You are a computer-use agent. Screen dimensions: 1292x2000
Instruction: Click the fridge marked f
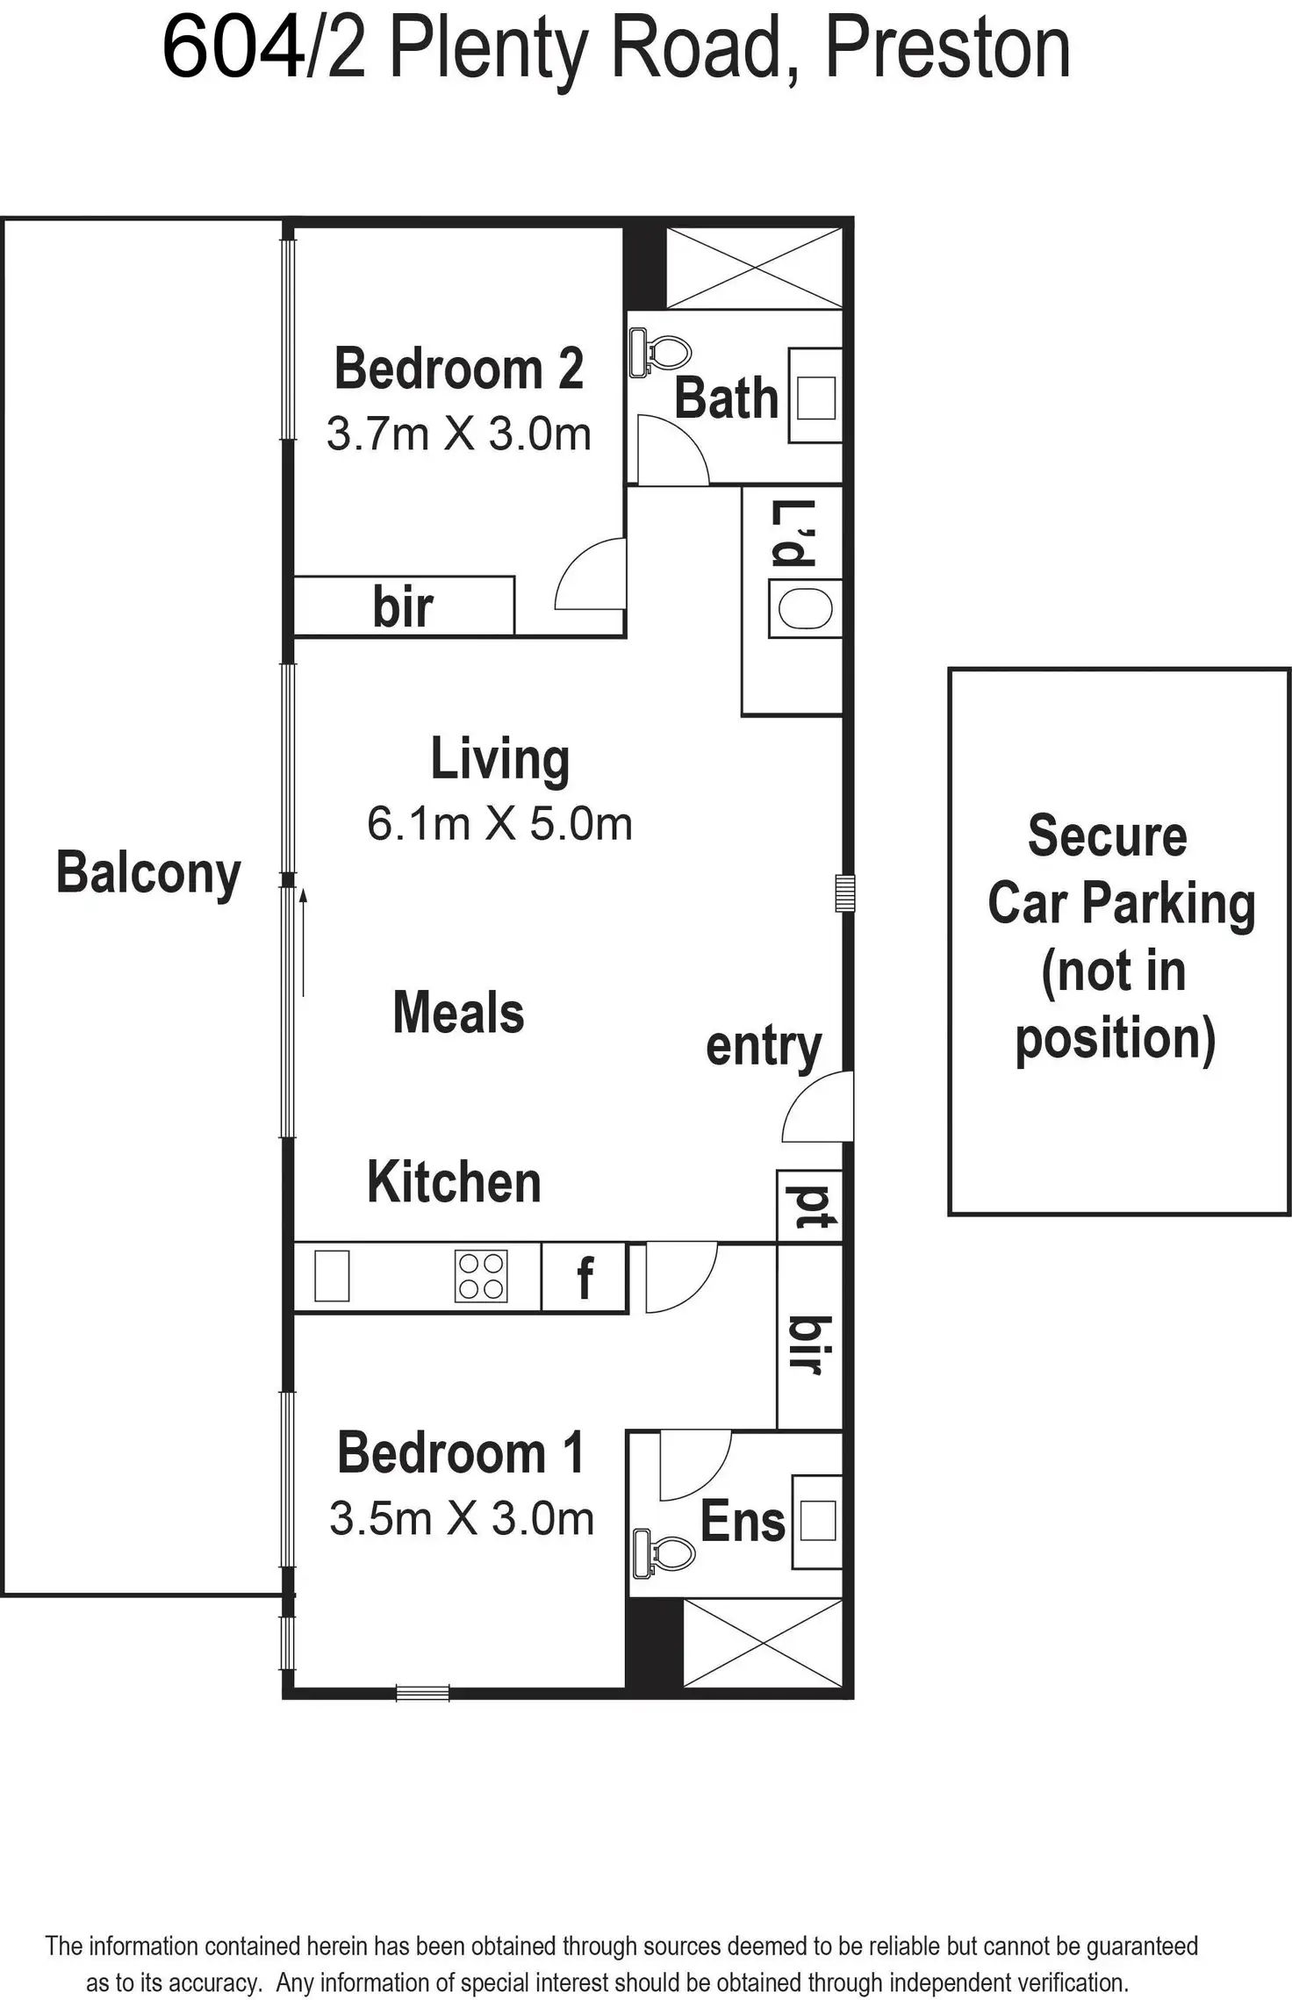(585, 1277)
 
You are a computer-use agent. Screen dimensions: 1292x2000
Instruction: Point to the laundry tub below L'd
(805, 608)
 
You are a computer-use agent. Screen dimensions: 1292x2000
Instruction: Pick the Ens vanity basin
(817, 1521)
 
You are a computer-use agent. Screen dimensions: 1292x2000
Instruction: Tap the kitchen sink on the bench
(332, 1276)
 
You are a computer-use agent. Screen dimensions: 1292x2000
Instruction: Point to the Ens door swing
(693, 1464)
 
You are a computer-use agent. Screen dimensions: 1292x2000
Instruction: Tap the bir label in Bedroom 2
(403, 606)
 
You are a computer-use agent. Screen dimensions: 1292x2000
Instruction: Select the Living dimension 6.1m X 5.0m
(499, 824)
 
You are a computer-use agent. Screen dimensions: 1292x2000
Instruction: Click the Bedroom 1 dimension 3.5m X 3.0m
(462, 1518)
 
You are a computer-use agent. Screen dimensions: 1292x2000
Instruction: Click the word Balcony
(148, 873)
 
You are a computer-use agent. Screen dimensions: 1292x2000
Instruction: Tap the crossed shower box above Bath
(754, 268)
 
